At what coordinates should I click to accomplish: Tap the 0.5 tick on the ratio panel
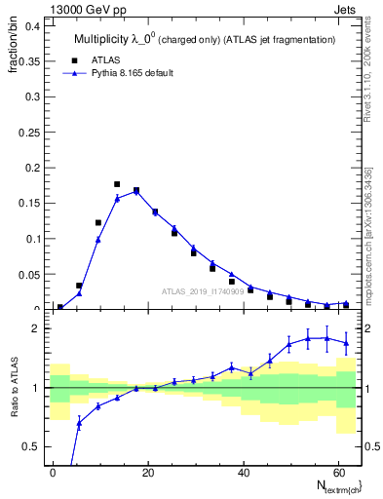pos(32,446)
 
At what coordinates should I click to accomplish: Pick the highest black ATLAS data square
pos(117,183)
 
